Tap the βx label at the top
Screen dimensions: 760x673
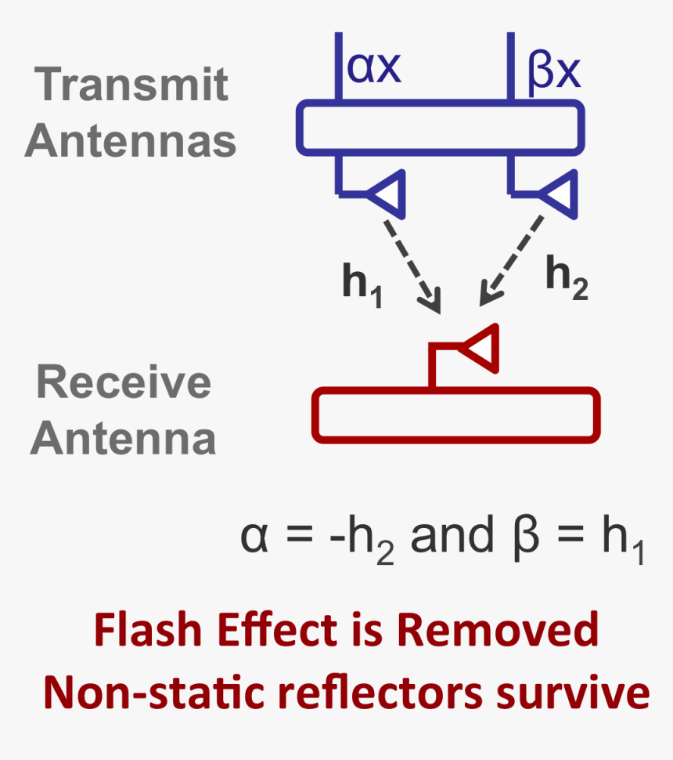click(553, 71)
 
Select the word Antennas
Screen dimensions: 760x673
click(131, 141)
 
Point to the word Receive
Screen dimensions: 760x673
click(124, 382)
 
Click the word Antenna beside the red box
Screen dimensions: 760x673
click(123, 439)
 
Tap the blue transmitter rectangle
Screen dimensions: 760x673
click(440, 127)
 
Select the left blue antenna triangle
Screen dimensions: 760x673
click(388, 192)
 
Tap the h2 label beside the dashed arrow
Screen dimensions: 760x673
click(566, 279)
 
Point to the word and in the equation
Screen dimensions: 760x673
click(452, 536)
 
